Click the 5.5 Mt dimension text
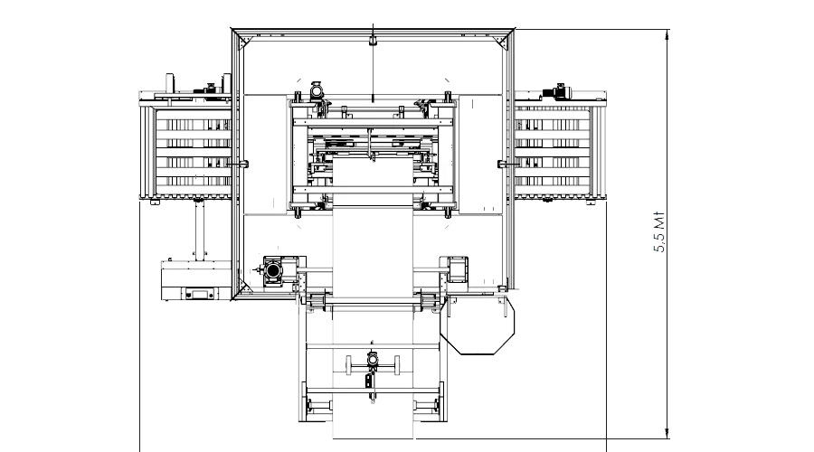coord(659,233)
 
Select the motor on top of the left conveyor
coord(211,88)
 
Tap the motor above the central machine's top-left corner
coord(317,91)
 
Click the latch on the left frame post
coord(241,163)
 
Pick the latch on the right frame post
coord(503,163)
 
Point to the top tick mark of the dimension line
coord(667,36)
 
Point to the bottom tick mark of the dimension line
coord(667,432)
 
